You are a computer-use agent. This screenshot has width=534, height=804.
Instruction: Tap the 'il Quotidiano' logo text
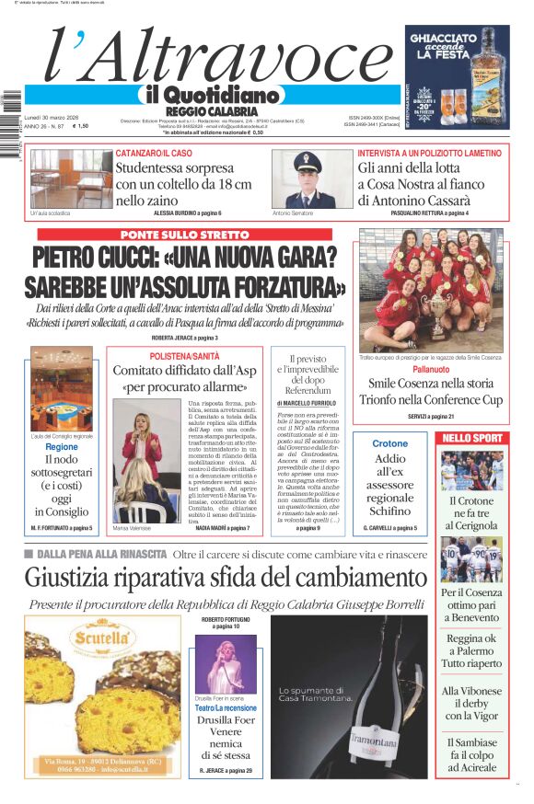click(211, 95)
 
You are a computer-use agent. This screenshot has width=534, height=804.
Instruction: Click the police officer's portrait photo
click(306, 178)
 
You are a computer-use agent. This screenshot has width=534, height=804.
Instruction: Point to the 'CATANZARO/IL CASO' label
click(154, 152)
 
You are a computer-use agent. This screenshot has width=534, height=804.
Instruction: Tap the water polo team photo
click(432, 289)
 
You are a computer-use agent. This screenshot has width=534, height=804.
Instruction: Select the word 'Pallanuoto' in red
click(431, 368)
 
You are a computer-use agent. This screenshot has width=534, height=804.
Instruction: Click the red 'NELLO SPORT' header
click(471, 438)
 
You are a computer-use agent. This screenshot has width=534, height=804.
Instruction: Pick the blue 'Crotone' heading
click(389, 444)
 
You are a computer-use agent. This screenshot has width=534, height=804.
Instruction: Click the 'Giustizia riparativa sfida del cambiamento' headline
click(226, 578)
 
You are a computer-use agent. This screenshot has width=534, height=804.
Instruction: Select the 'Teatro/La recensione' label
click(226, 707)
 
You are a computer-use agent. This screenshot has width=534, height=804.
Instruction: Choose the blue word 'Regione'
click(62, 447)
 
